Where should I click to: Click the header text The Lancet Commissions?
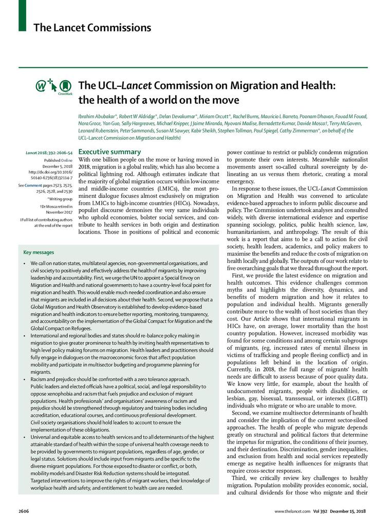pyautogui.click(x=92, y=27)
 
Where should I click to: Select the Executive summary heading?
pyautogui.click(x=109, y=152)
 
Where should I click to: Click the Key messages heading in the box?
pyautogui.click(x=39, y=252)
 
